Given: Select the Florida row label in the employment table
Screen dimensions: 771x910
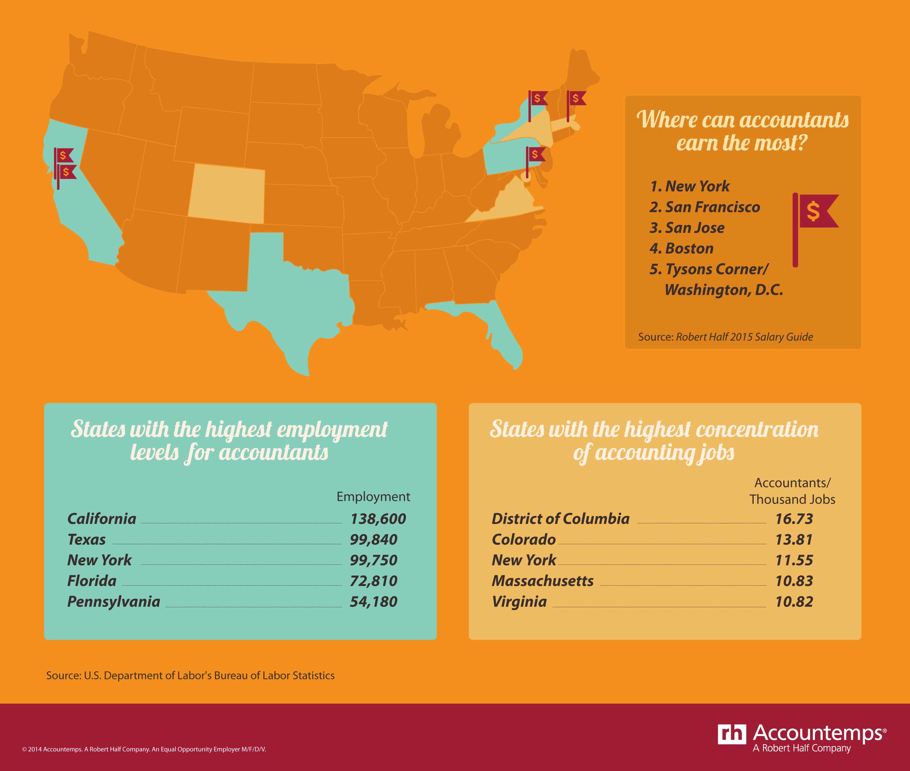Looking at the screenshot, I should click(92, 581).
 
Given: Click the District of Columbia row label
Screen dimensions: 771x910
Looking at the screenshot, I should click(560, 519).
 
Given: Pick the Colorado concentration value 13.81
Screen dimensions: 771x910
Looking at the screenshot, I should click(794, 540).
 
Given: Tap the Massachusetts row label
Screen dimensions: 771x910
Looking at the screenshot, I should click(542, 581).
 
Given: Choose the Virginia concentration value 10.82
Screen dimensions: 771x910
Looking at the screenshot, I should click(794, 602).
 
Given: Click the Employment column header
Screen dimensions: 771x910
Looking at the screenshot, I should click(373, 496).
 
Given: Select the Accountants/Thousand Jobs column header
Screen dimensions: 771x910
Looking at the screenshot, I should click(792, 491).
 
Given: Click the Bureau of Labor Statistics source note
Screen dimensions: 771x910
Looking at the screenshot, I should click(190, 675).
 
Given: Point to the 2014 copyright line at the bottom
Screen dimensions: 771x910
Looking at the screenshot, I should click(144, 749).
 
